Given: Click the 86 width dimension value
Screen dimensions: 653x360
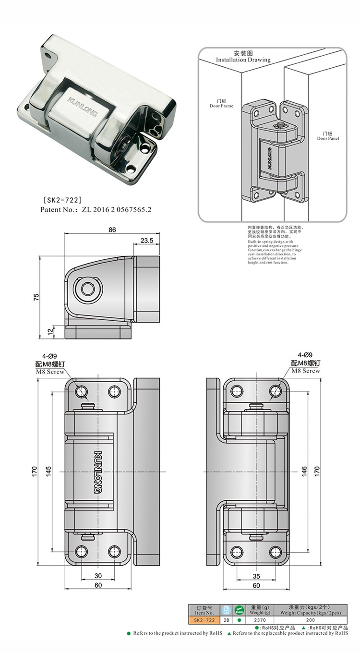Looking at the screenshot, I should click(112, 230).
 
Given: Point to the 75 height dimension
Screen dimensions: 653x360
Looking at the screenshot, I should click(36, 296).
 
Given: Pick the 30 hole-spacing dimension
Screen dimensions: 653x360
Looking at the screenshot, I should click(98, 576).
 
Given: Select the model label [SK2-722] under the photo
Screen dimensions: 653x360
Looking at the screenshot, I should click(62, 199).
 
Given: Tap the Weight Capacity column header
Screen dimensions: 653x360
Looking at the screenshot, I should click(310, 610).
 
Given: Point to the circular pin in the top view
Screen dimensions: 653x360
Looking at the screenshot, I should click(88, 289).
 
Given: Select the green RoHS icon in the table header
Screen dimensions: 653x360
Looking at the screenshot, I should click(239, 610).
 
